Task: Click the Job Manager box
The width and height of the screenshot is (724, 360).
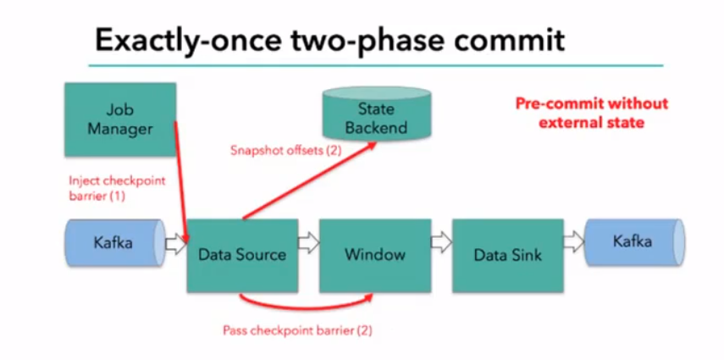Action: (119, 119)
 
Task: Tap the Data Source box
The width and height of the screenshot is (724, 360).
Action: (241, 254)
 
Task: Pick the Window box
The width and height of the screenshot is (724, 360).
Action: (374, 254)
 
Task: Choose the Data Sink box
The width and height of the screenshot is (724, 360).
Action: (508, 254)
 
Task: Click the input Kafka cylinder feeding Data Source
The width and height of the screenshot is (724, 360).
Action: (113, 244)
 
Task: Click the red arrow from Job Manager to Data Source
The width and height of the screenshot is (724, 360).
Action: (180, 178)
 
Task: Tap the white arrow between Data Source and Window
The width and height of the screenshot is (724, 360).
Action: (308, 245)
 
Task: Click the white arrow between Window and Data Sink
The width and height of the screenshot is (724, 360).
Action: (441, 245)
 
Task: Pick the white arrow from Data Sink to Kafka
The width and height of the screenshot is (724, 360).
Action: (574, 245)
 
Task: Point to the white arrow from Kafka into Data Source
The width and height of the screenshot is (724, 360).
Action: (174, 245)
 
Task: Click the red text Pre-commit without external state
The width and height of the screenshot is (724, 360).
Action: (592, 112)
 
